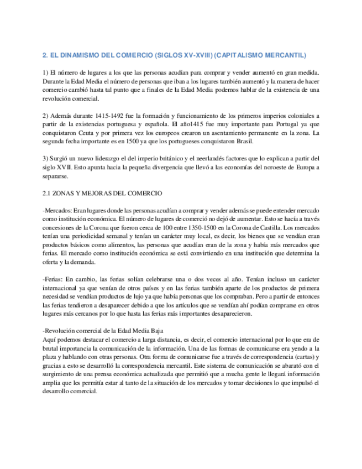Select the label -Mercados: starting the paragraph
pos(57,211)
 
